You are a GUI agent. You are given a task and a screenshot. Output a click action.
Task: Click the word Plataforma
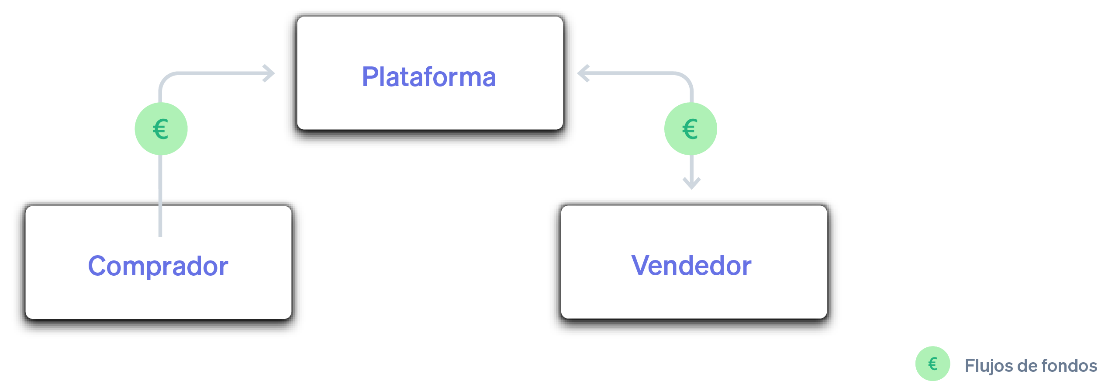coord(428,77)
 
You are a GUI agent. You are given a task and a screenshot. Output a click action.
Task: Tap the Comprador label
coord(158,266)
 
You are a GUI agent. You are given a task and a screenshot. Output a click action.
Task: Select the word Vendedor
coord(691,265)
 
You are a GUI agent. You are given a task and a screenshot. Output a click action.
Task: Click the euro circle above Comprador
coord(161,128)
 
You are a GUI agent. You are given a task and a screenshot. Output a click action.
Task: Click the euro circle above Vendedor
coord(691,128)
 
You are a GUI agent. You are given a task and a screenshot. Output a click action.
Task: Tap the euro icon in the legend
coord(932,364)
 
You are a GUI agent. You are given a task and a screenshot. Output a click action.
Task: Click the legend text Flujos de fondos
coord(1030,366)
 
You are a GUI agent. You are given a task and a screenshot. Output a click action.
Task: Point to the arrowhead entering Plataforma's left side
coord(270,73)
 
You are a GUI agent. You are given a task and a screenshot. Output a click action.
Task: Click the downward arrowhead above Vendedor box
coord(691,184)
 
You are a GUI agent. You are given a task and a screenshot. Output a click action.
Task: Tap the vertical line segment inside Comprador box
coord(160,221)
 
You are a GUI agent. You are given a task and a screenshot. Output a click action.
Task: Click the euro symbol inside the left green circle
coord(161,129)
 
